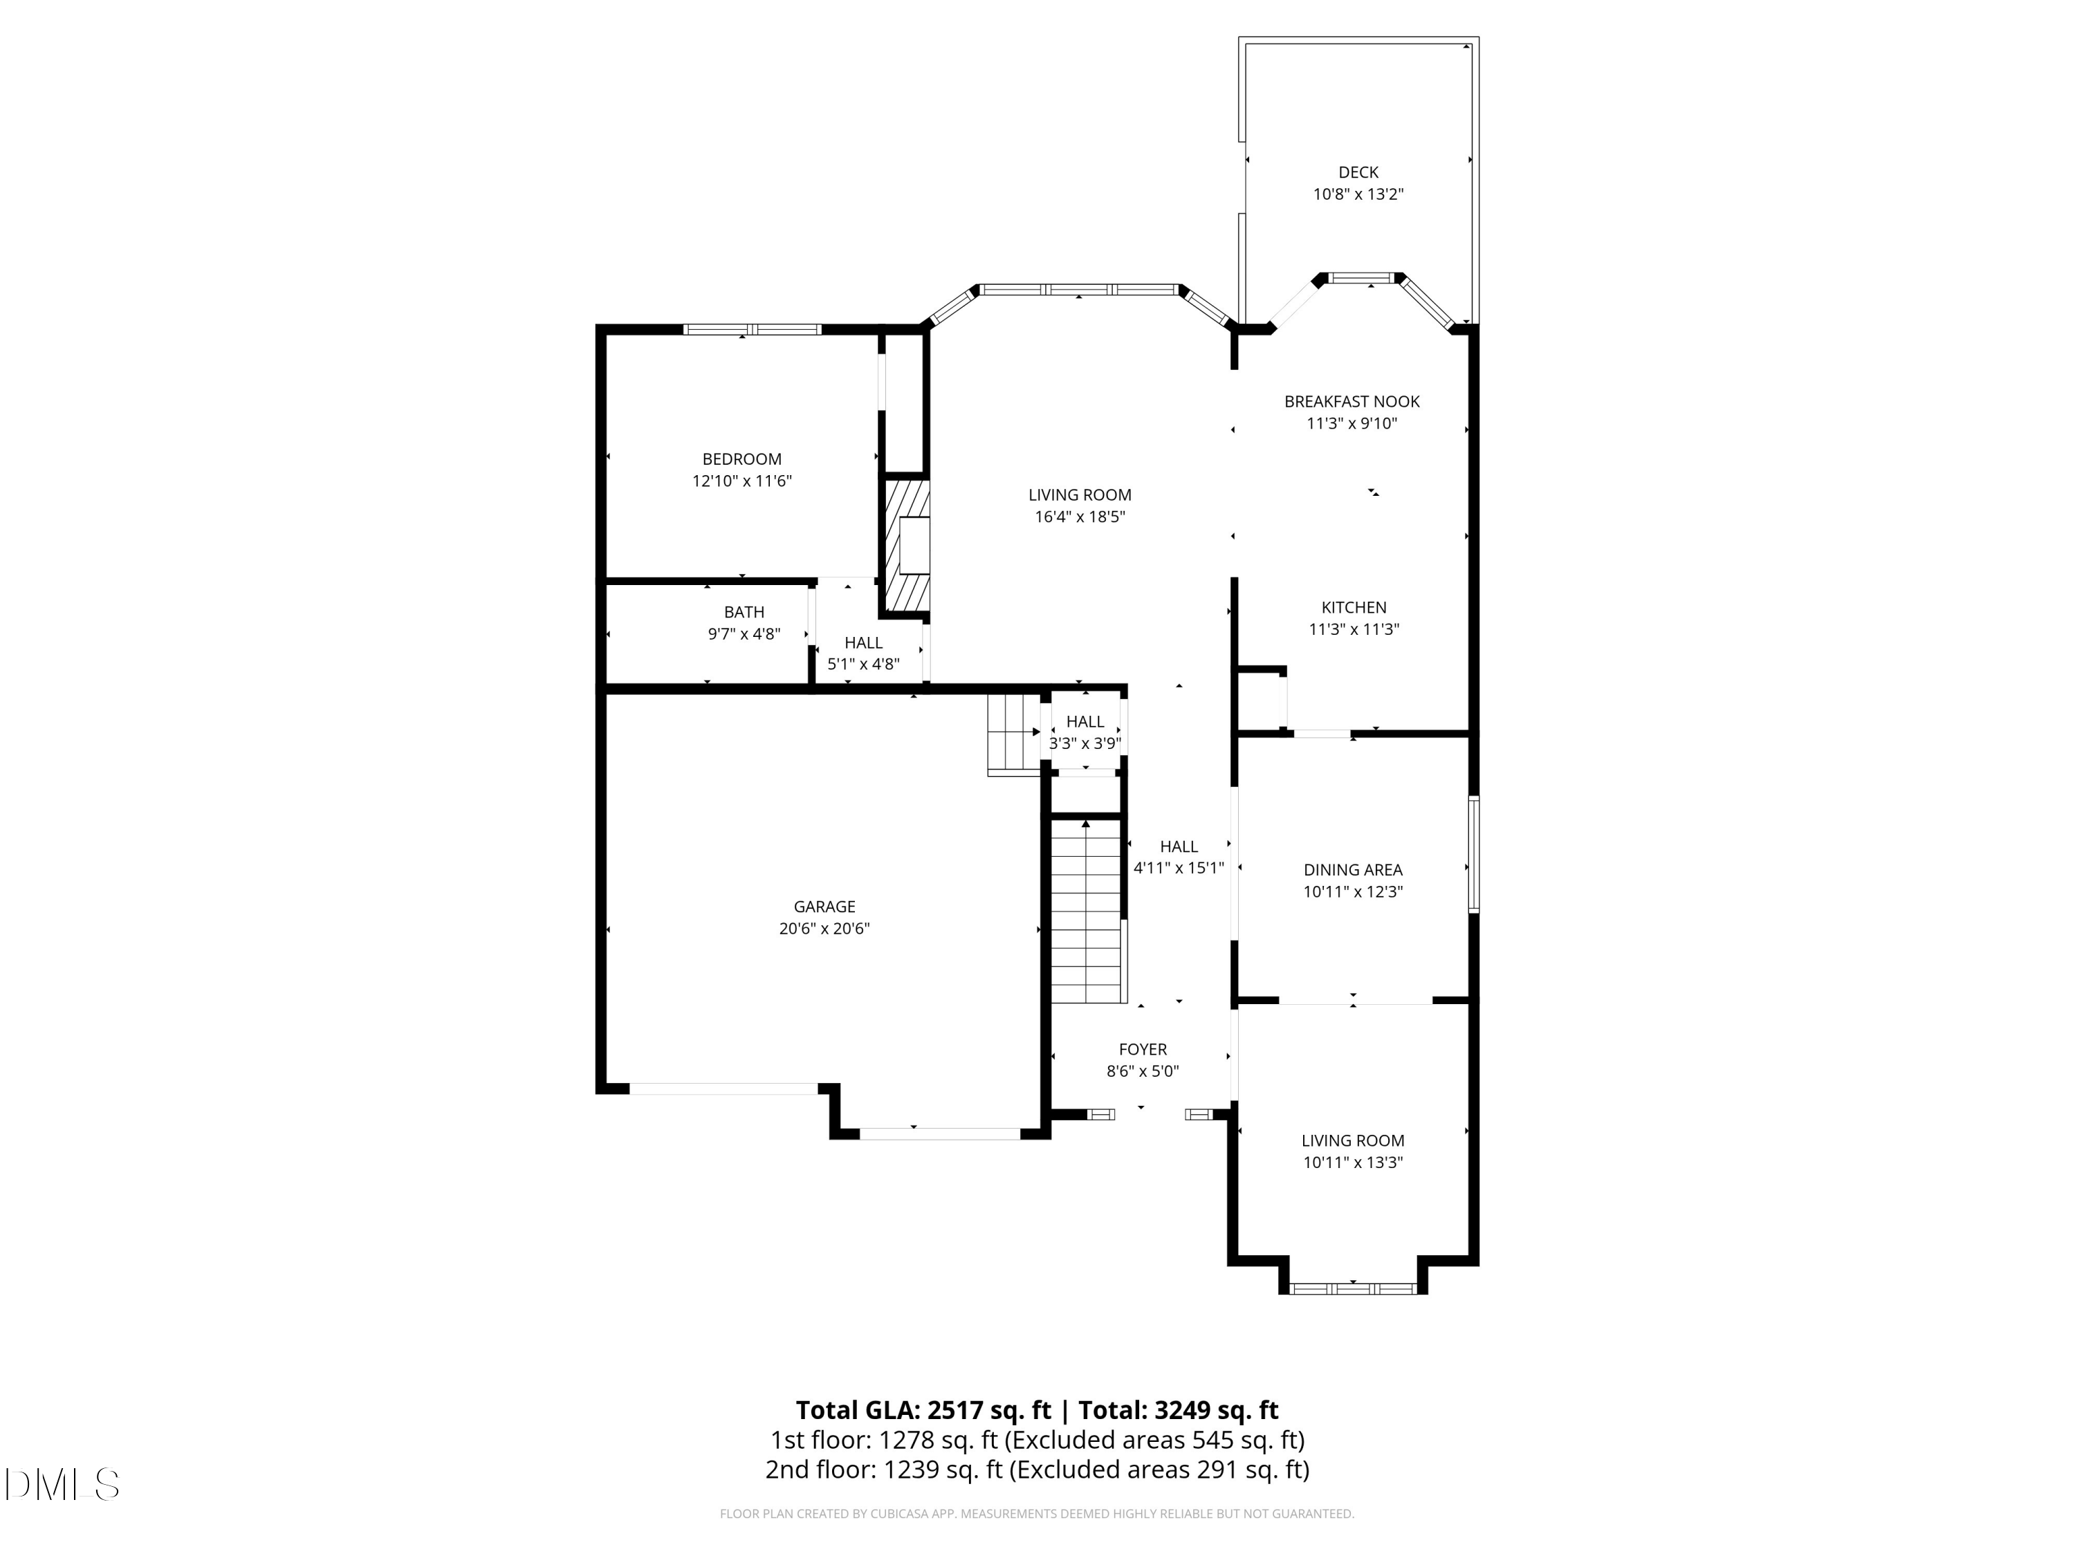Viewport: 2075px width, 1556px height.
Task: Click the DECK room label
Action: tap(1357, 173)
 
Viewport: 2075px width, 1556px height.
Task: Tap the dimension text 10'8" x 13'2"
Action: tap(1357, 195)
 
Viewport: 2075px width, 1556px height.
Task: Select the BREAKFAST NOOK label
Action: tap(1352, 401)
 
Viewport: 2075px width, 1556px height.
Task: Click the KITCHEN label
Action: tap(1354, 608)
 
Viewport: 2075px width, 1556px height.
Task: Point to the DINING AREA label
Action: tap(1353, 871)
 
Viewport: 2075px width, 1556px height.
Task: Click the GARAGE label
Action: tap(824, 907)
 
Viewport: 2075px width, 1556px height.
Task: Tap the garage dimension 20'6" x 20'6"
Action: tap(824, 929)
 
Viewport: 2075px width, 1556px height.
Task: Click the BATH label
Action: tap(744, 613)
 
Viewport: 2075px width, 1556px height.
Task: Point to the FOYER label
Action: tap(1143, 1050)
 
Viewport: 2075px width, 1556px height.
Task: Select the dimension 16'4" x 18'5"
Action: tap(1080, 517)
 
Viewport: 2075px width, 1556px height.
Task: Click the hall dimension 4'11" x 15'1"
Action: tap(1178, 869)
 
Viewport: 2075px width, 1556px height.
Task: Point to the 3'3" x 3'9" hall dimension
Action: tap(1085, 743)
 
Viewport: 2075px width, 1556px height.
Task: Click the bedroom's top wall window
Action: tap(753, 329)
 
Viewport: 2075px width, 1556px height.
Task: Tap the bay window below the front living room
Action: tap(1353, 1288)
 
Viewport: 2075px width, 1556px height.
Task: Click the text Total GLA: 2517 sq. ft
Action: tap(923, 1411)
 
